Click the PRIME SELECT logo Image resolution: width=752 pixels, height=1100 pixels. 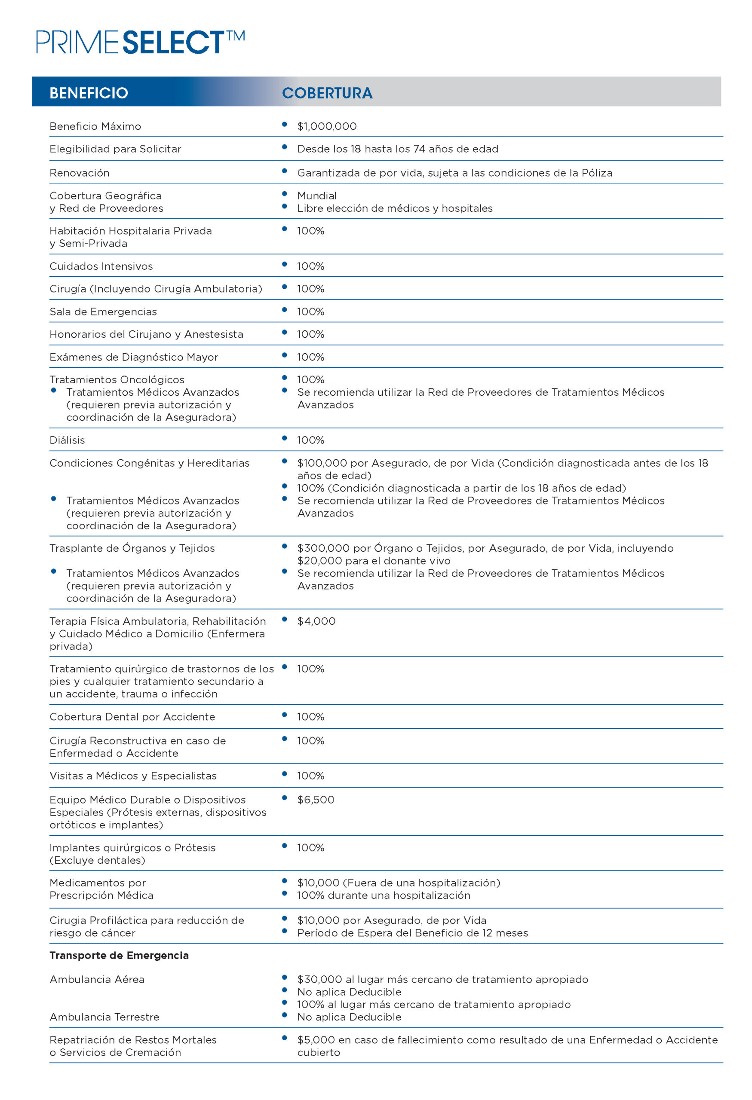coord(140,42)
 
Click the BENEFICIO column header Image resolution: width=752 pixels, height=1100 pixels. coord(89,93)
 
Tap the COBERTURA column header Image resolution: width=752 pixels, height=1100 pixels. coord(327,93)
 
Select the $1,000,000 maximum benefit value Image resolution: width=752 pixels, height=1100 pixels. coord(327,126)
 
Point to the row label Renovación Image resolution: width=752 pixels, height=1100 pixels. coord(80,173)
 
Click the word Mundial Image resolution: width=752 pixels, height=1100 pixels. coord(317,196)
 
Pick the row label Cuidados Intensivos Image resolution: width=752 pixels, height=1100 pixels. coord(101,266)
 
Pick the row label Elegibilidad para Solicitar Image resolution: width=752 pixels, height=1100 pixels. coord(115,149)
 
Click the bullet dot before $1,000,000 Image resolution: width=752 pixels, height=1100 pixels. coord(284,125)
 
